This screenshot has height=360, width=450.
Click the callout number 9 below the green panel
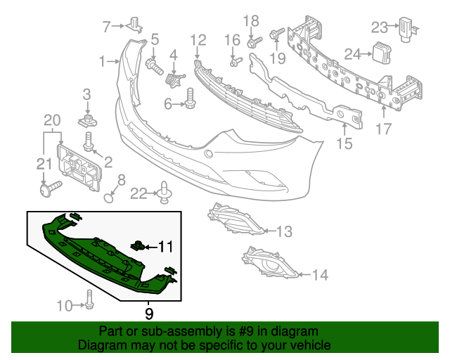(148, 312)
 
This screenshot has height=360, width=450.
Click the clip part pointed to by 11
(139, 245)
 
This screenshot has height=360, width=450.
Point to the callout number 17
(384, 129)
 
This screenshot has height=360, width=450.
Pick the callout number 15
(345, 145)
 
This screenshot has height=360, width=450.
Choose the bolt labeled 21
(51, 188)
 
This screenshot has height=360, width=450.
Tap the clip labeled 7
(135, 26)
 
